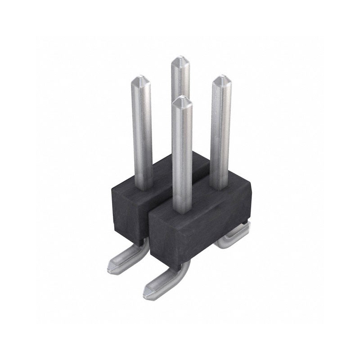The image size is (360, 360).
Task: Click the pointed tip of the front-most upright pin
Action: point(182,100)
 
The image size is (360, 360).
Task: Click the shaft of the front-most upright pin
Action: point(182,153)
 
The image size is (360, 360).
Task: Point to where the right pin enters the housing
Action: point(219,185)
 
